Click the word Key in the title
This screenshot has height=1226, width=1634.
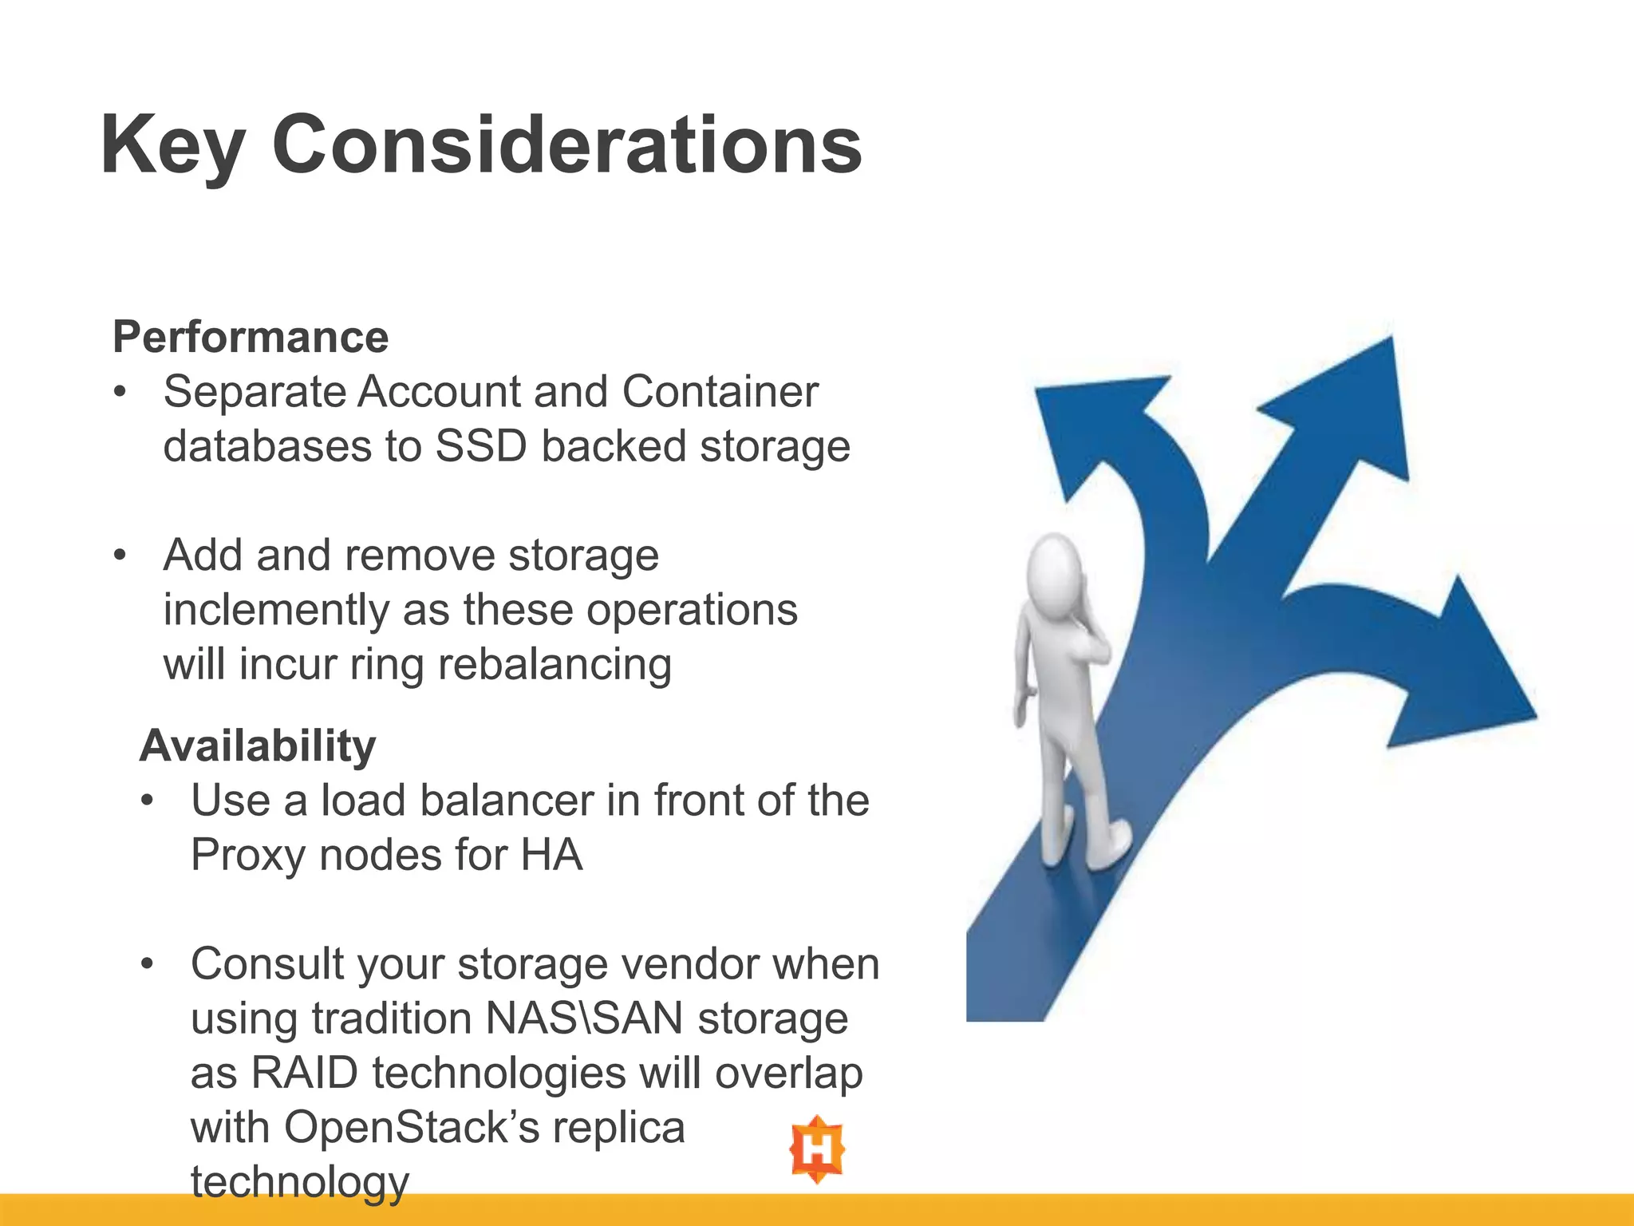tap(172, 145)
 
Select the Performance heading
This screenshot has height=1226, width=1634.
tap(251, 336)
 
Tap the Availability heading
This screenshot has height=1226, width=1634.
tap(258, 745)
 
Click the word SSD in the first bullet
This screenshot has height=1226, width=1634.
tap(481, 445)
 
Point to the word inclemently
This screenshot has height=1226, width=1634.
tap(275, 610)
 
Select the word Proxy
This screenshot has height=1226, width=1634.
tap(247, 855)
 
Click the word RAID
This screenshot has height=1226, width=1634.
tap(304, 1073)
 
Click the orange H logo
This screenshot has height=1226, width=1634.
tap(817, 1149)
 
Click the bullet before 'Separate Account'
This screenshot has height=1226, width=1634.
tap(120, 392)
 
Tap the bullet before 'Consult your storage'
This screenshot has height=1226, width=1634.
tap(147, 964)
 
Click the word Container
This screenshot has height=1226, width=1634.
tap(720, 391)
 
